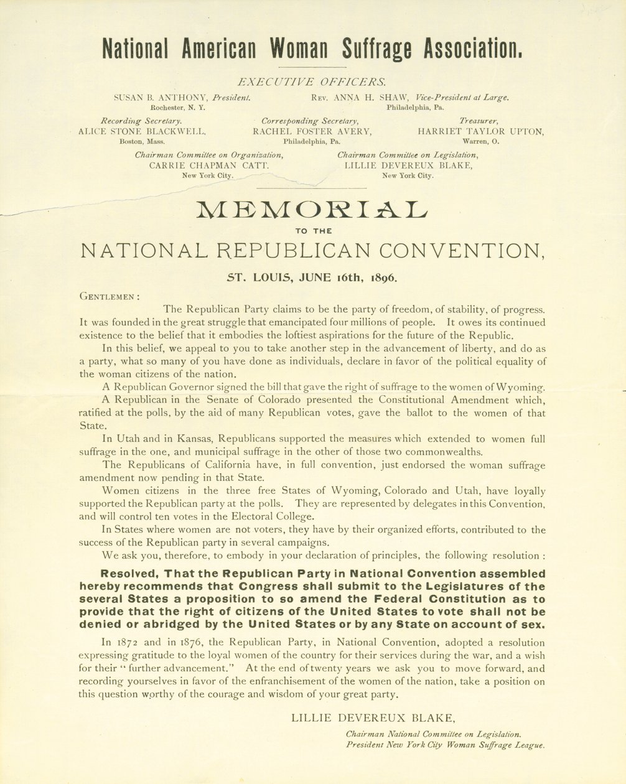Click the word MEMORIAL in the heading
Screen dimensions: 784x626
coord(312,210)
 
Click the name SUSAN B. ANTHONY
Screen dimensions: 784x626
coord(161,98)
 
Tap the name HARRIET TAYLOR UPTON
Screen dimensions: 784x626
coord(480,131)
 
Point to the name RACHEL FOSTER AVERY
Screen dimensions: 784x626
coord(312,131)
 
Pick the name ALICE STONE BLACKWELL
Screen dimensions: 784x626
coord(142,131)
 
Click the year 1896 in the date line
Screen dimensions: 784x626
coord(381,278)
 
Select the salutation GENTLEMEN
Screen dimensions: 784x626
coord(109,297)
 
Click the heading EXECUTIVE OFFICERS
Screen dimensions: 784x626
coord(312,82)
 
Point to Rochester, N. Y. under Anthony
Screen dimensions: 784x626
coord(178,108)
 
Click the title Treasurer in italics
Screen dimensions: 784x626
coord(479,121)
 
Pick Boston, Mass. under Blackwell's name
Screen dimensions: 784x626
coord(142,141)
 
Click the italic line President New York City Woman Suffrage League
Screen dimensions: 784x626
coord(445,745)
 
